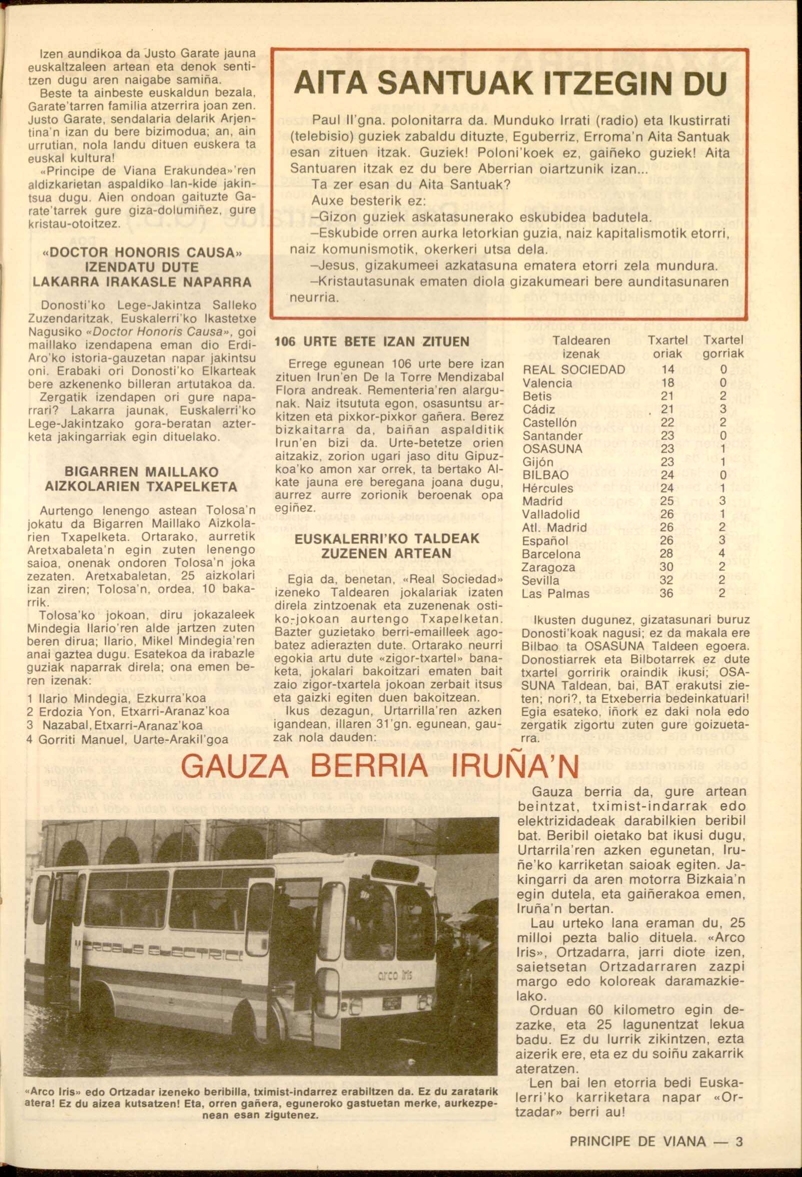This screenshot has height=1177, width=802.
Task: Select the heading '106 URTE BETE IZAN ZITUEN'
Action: (x=372, y=342)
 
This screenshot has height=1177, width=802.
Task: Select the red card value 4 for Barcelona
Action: (x=723, y=554)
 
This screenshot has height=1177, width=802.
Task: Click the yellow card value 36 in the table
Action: (x=667, y=594)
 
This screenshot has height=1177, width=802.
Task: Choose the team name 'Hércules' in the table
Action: (x=548, y=489)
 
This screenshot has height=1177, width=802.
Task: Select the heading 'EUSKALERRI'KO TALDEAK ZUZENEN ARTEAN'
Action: (x=387, y=545)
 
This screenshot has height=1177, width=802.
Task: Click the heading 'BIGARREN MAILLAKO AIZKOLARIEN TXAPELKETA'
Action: (x=141, y=479)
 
